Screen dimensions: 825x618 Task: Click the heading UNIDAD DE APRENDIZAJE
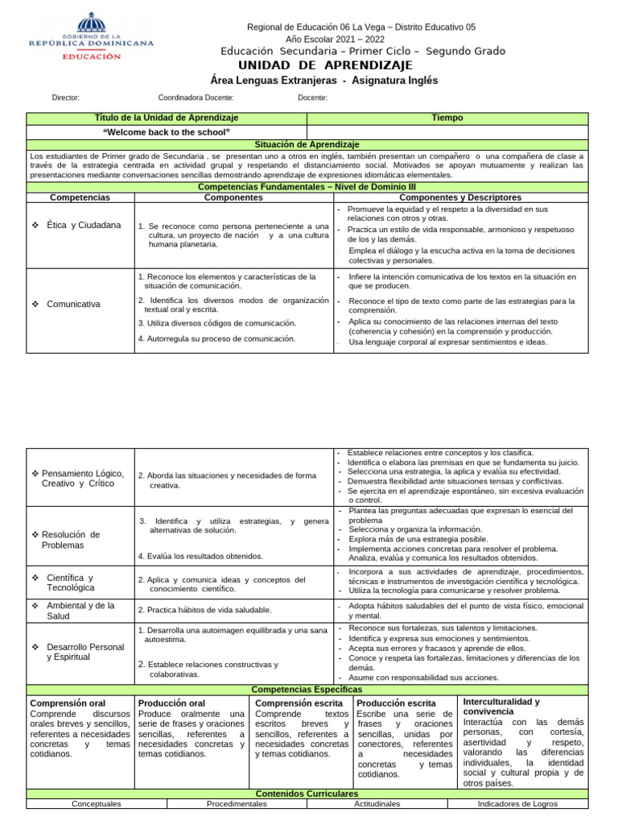[326, 65]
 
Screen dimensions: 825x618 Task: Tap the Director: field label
[65, 97]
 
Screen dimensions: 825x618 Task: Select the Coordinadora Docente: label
[196, 97]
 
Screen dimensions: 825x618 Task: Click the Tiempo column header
[447, 118]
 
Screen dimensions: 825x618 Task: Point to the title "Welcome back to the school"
[167, 132]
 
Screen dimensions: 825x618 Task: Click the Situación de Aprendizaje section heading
[307, 143]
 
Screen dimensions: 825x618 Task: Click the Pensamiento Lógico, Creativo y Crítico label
[81, 478]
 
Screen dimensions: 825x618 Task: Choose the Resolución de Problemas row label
[75, 540]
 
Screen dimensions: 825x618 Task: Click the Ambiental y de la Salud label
[80, 611]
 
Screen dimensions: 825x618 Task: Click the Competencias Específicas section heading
[307, 690]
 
